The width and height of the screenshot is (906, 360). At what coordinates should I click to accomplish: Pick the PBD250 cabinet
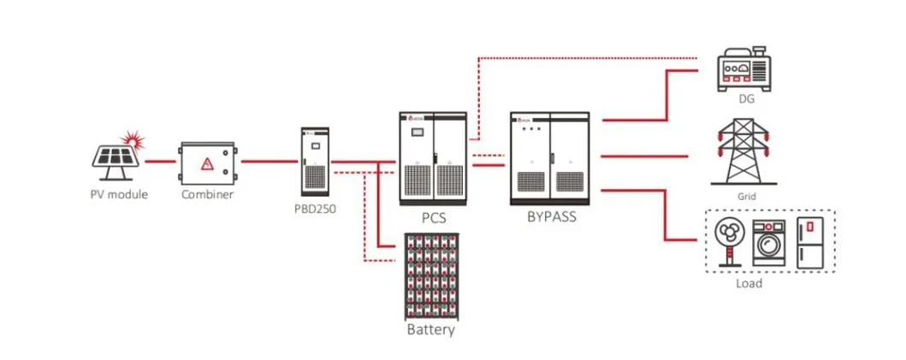(x=315, y=162)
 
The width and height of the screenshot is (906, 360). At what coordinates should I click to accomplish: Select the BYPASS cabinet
(x=549, y=158)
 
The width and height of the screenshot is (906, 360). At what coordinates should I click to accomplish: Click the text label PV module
(x=119, y=194)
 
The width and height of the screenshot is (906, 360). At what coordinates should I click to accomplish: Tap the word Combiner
(x=207, y=194)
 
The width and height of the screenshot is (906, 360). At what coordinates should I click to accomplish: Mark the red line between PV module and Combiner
(x=160, y=161)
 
